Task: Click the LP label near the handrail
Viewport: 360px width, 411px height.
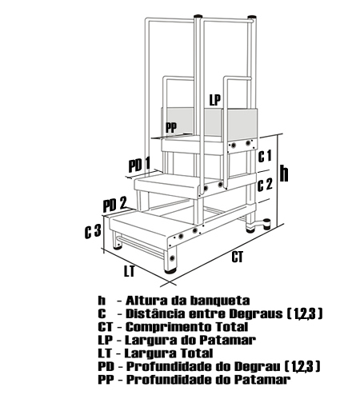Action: coord(215,100)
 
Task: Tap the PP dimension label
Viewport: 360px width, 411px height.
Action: coord(171,127)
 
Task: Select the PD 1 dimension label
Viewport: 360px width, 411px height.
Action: coord(139,165)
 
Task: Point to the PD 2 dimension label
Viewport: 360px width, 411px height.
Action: coord(114,205)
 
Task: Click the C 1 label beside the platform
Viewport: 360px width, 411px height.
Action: coord(265,156)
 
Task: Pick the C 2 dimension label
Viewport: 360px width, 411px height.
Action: coord(265,185)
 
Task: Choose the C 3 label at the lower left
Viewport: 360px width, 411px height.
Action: coord(93,231)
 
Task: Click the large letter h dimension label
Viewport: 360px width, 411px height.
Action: coord(284,174)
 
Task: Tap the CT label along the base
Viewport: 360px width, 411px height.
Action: coord(238,257)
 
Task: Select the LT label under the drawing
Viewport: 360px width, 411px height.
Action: coord(130,271)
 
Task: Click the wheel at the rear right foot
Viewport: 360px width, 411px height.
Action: coord(266,223)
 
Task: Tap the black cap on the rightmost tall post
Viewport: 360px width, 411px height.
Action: coord(251,18)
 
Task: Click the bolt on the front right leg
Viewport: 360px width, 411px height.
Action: coord(172,257)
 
